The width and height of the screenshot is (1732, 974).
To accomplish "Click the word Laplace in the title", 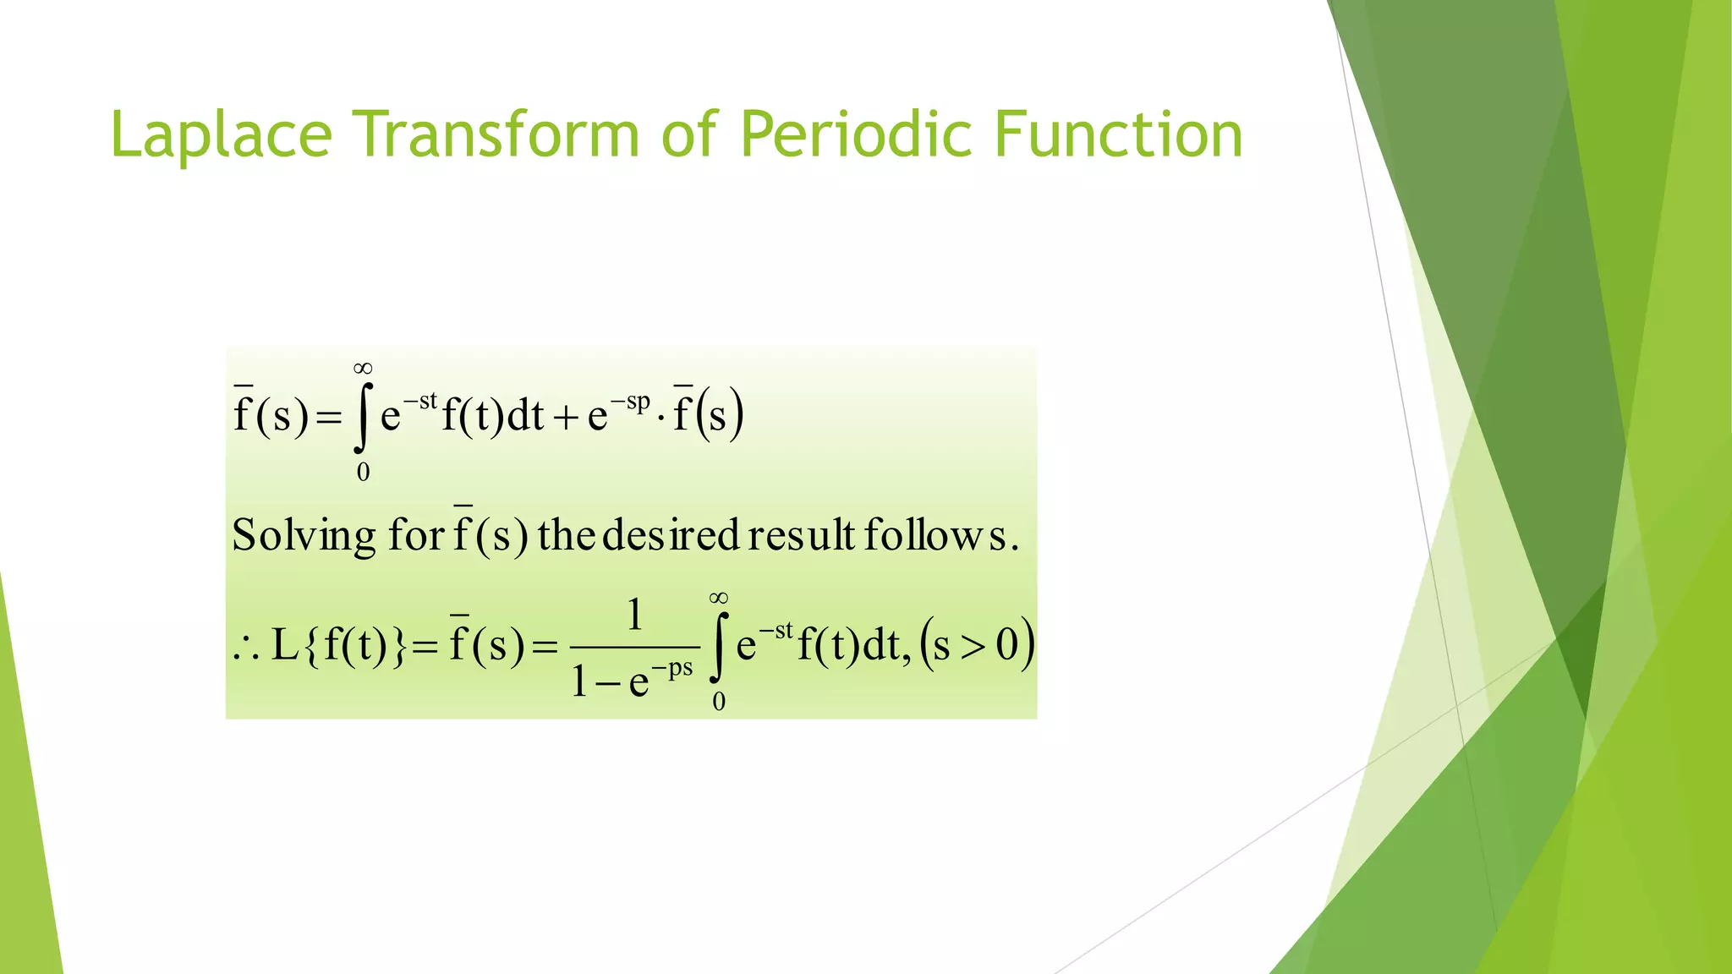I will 221,135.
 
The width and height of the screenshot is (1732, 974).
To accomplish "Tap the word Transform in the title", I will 496,135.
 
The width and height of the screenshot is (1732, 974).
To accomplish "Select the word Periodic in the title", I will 854,135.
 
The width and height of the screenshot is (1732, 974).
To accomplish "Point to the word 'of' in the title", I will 689,135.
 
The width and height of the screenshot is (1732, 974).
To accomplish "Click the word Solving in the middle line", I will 304,535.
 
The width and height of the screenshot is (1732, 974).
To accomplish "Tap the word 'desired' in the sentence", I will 671,535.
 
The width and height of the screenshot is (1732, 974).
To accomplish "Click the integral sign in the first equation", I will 363,416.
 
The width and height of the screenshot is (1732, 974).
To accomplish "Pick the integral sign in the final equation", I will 718,647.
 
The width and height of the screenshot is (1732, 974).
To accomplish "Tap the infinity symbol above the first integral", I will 363,368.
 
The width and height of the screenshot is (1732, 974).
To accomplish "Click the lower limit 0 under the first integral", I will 363,473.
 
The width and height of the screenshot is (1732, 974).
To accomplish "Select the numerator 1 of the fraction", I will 634,615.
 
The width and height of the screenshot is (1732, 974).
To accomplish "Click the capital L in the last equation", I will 284,646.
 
